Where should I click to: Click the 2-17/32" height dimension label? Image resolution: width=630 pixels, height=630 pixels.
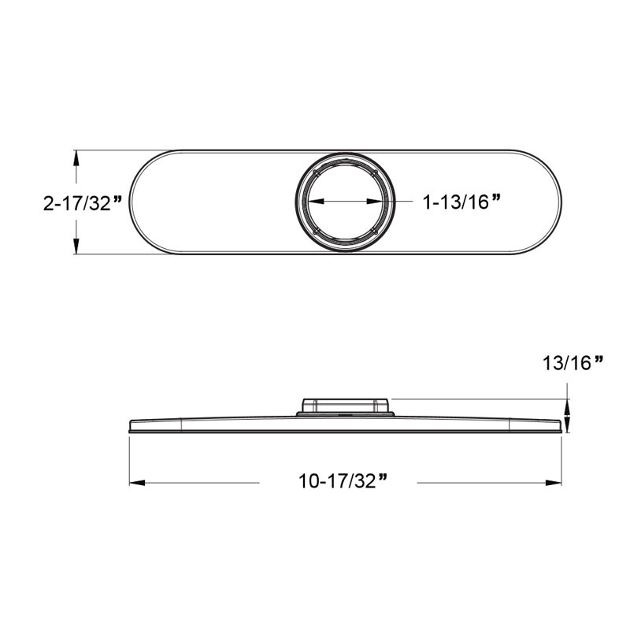[82, 202]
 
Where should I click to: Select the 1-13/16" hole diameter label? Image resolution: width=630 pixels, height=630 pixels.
[461, 202]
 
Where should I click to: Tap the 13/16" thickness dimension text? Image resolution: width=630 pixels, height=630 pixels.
[573, 364]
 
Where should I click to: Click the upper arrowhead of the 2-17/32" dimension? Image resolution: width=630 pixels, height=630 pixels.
[76, 157]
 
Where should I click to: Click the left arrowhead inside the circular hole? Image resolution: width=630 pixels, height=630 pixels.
[312, 202]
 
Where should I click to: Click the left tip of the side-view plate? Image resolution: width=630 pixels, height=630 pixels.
[130, 426]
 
